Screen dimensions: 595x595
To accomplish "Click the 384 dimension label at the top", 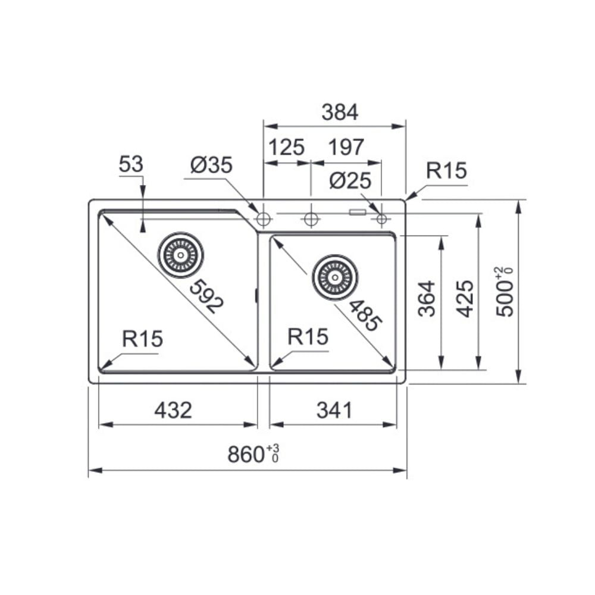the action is [340, 112].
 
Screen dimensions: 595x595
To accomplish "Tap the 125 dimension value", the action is [287, 147].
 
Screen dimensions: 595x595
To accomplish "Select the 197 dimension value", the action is [346, 147].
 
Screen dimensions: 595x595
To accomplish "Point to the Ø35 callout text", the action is [211, 165].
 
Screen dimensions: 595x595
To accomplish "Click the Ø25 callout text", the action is [350, 181].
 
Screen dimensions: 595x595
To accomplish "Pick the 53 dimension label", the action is [131, 164].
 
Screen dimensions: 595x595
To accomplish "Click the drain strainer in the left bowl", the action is [181, 255].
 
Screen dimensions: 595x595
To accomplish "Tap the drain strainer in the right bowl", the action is [335, 277].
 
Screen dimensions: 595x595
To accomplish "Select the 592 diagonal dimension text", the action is [207, 296].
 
